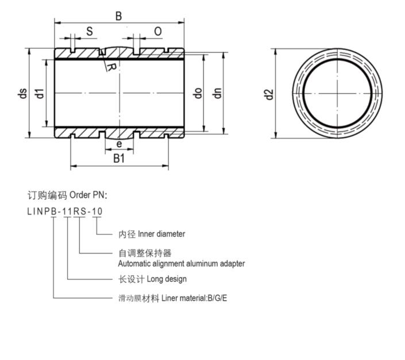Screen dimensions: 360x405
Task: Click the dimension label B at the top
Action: pos(119,16)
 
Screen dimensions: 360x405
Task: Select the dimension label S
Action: pos(90,32)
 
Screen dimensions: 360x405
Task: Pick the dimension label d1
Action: pos(39,93)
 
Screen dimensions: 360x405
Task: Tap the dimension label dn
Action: pos(217,93)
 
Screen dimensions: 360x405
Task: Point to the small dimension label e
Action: pos(119,144)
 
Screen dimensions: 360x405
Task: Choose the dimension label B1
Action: pos(119,159)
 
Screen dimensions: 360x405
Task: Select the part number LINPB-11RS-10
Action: pos(65,211)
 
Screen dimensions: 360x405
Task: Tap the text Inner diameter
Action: pos(161,234)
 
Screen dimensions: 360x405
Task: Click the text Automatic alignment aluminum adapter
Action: pos(182,263)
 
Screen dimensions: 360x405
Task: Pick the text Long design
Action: pos(167,279)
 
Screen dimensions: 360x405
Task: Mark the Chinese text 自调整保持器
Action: pos(145,252)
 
